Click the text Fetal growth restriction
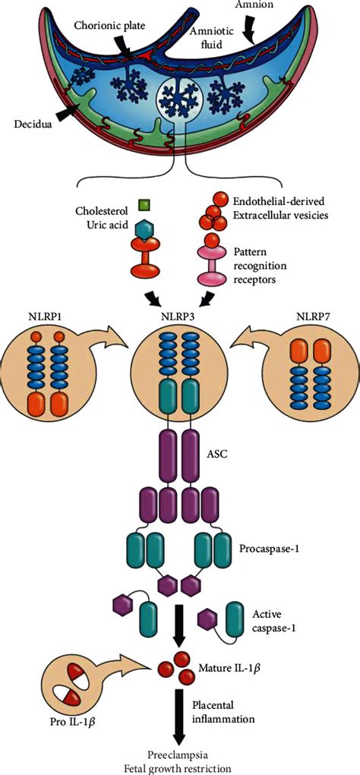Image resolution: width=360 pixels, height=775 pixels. [x=178, y=765]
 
